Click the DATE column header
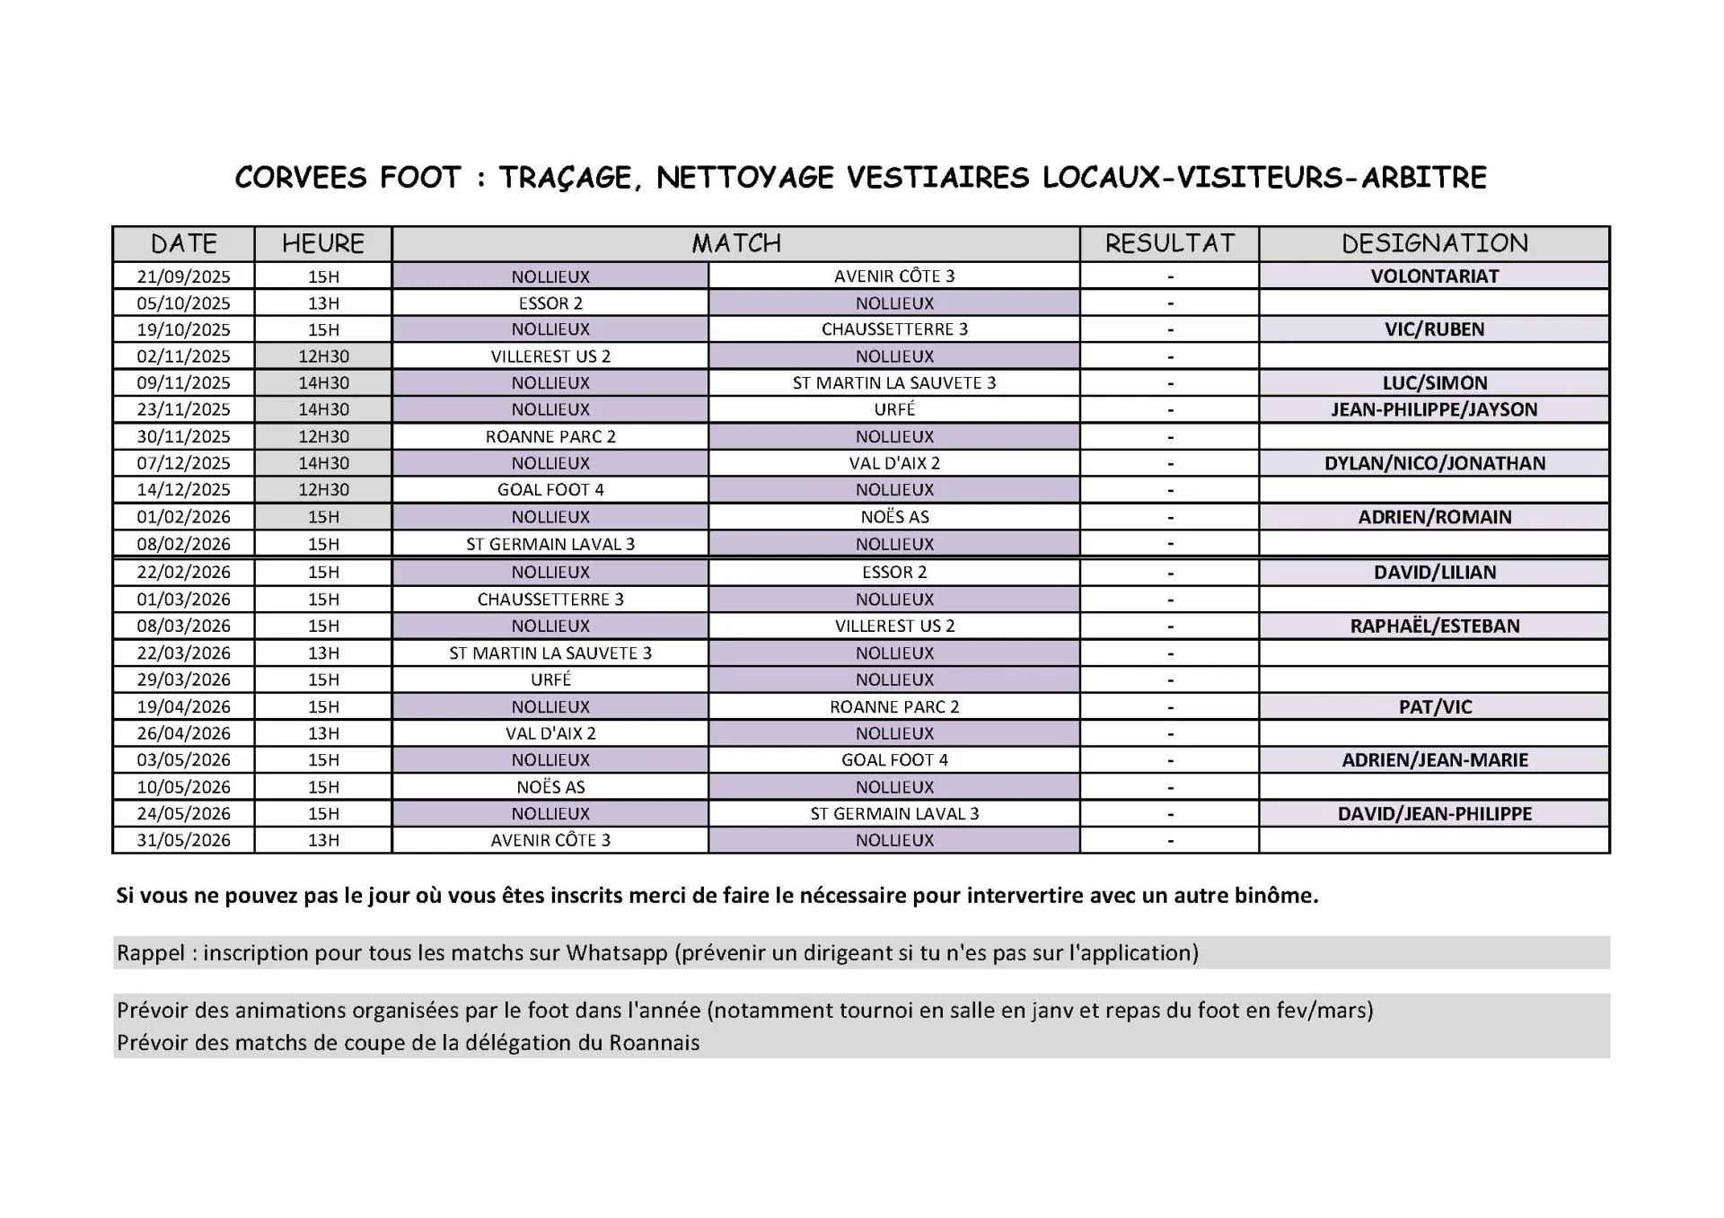tap(184, 243)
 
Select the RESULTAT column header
tap(1169, 243)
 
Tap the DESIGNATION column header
tap(1434, 243)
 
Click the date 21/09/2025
tap(184, 276)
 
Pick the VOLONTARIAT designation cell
tap(1434, 276)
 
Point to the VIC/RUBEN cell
tap(1434, 329)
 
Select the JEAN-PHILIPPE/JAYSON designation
tap(1434, 409)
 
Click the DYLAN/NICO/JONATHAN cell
tap(1434, 463)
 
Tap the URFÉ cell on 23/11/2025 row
tap(894, 409)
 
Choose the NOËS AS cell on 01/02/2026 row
tap(894, 517)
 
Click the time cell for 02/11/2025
tap(323, 356)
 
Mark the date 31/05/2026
tap(184, 840)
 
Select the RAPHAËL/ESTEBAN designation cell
tap(1434, 626)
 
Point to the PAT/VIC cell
tap(1434, 706)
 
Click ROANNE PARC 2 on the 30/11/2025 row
tap(550, 436)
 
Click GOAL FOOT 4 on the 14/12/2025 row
tap(550, 490)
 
